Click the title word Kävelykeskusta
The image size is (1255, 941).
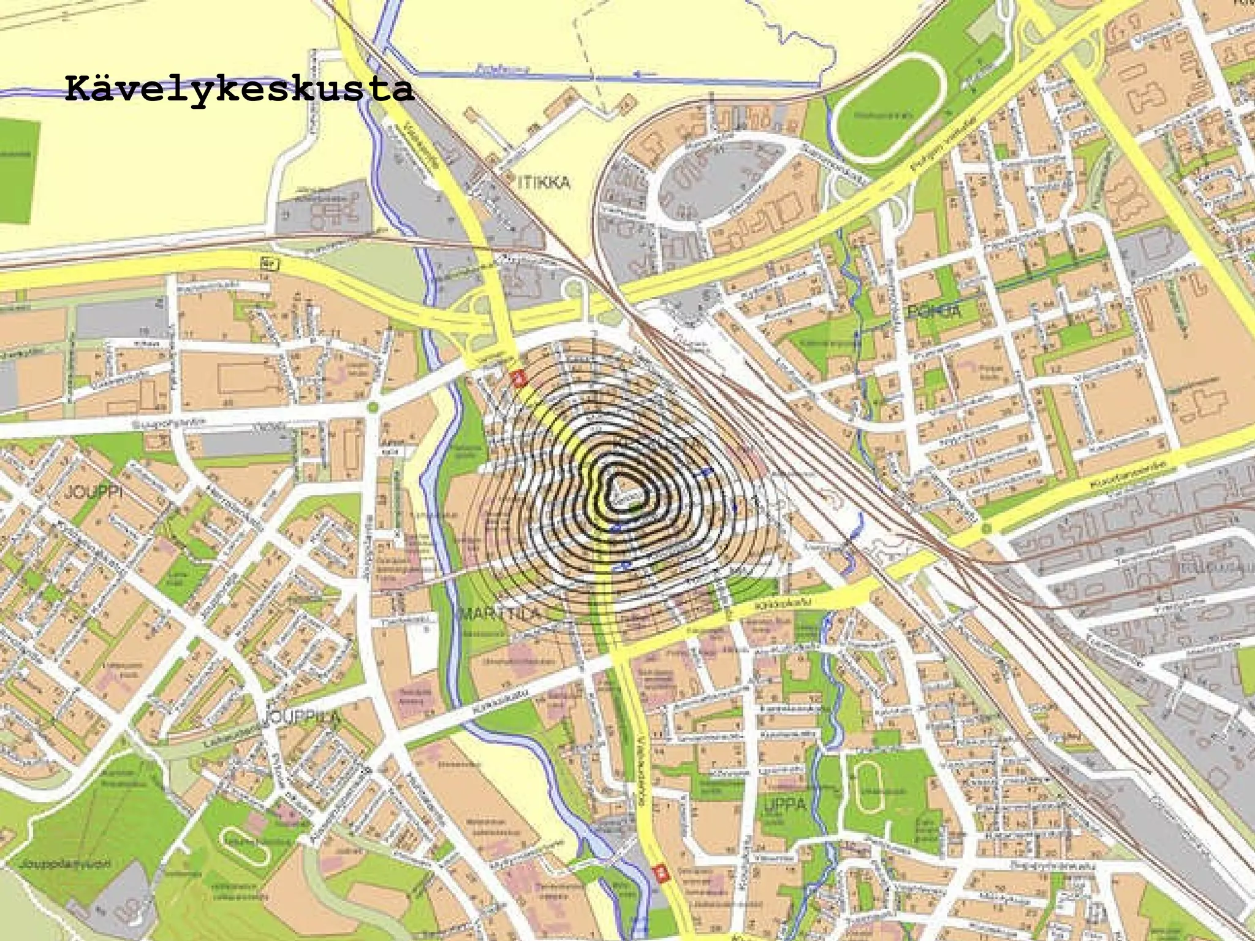tap(239, 89)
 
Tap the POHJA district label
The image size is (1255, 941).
tap(934, 311)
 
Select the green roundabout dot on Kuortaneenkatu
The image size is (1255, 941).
tap(985, 528)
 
